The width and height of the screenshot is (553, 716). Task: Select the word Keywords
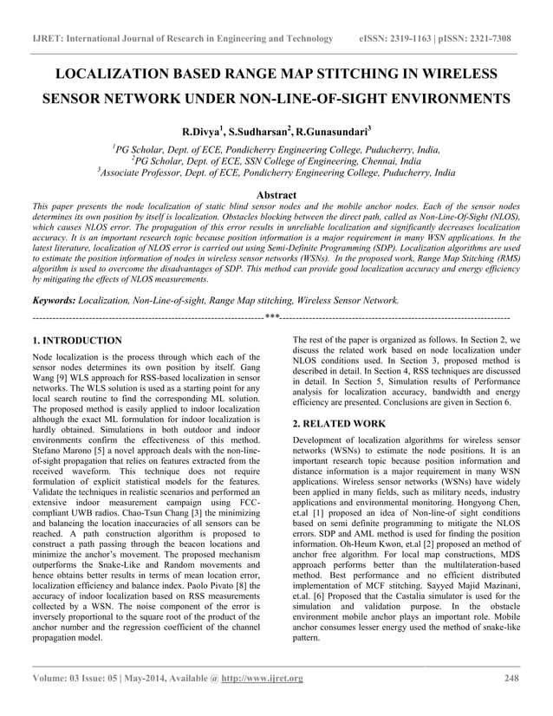[53, 300]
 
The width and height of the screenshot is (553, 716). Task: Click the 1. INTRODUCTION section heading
[76, 340]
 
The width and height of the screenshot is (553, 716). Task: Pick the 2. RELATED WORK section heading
[340, 424]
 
